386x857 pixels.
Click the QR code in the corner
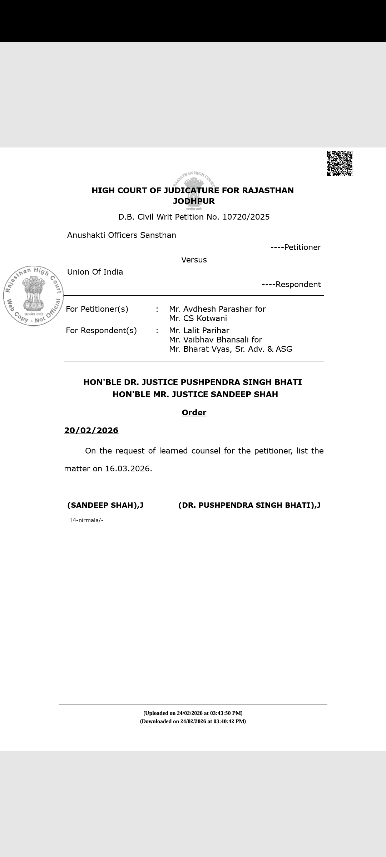click(340, 163)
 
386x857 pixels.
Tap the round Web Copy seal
click(33, 296)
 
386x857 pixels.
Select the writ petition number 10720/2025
click(246, 217)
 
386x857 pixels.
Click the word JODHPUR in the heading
click(194, 201)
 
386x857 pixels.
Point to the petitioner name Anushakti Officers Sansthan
click(122, 235)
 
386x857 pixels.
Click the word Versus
click(194, 260)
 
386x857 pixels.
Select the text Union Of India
click(95, 272)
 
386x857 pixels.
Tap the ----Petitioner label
click(296, 247)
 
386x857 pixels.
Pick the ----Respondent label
click(291, 284)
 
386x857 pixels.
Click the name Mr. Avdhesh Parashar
click(211, 309)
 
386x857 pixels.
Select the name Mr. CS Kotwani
click(198, 318)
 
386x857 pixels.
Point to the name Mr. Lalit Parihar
click(199, 330)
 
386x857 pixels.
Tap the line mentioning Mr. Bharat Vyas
click(231, 349)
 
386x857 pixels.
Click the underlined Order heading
click(194, 412)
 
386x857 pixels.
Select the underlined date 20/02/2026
click(91, 430)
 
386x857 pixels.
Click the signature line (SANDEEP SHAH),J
click(105, 505)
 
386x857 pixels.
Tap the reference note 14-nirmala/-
click(86, 520)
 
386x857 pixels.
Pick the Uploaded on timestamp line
click(193, 713)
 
